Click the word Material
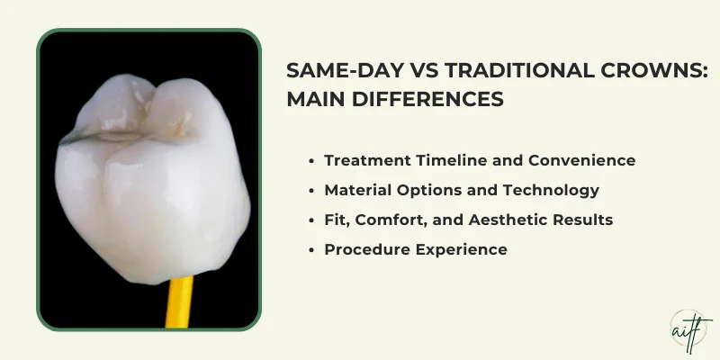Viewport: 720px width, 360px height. click(x=355, y=190)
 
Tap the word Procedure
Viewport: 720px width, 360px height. click(x=364, y=249)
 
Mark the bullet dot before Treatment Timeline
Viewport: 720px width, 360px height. click(x=310, y=160)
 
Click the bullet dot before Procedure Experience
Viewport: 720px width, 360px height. click(x=310, y=249)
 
